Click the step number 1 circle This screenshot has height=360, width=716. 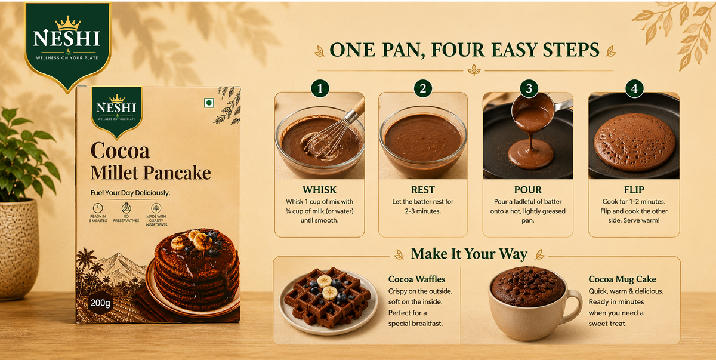[x=320, y=88]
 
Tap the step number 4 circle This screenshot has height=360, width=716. [x=634, y=88]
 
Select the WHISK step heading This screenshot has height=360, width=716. [x=319, y=190]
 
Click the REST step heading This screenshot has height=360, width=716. [x=423, y=190]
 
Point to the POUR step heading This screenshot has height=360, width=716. [x=527, y=190]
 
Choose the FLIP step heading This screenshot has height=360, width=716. [x=634, y=190]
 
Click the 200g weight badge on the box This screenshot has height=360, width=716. [x=100, y=303]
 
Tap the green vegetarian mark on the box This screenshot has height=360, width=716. [x=209, y=103]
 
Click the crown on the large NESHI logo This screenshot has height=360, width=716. [x=67, y=23]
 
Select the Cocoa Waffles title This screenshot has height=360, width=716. [x=416, y=279]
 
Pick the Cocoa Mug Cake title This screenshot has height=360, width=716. [x=622, y=279]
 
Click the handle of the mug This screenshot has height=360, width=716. [x=574, y=306]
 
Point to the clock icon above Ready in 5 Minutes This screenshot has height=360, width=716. [x=98, y=208]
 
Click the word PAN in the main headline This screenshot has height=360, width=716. [x=403, y=50]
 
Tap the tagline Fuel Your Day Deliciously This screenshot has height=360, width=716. [x=130, y=193]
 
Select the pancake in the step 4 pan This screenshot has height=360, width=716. [x=634, y=142]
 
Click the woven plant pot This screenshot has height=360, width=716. [x=18, y=249]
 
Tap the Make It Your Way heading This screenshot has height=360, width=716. [x=469, y=254]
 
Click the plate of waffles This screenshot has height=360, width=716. [x=328, y=301]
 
